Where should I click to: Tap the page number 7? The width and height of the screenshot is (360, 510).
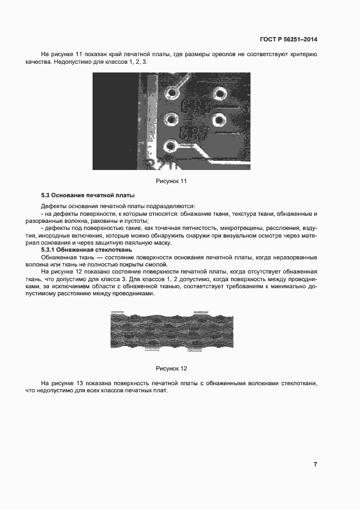point(315,464)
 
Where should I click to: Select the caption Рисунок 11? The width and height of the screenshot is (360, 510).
point(172,181)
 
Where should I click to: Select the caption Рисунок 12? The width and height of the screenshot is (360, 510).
point(172,369)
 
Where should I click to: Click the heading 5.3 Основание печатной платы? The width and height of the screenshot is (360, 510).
point(88,195)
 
